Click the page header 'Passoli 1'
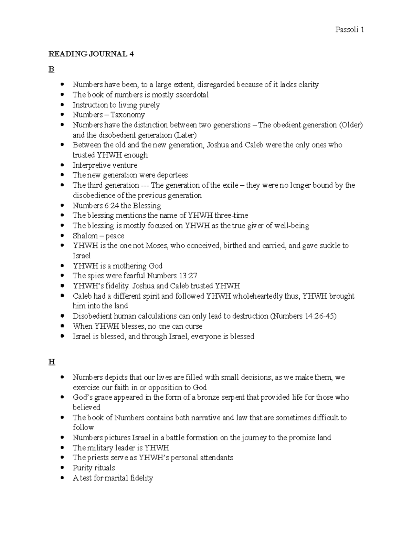click(349, 30)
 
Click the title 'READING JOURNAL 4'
click(91, 54)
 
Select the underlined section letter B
click(51, 70)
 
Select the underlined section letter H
click(52, 362)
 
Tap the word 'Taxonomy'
click(127, 115)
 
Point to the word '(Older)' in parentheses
click(351, 125)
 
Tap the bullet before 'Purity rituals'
click(62, 468)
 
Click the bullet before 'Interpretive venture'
click(62, 165)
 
